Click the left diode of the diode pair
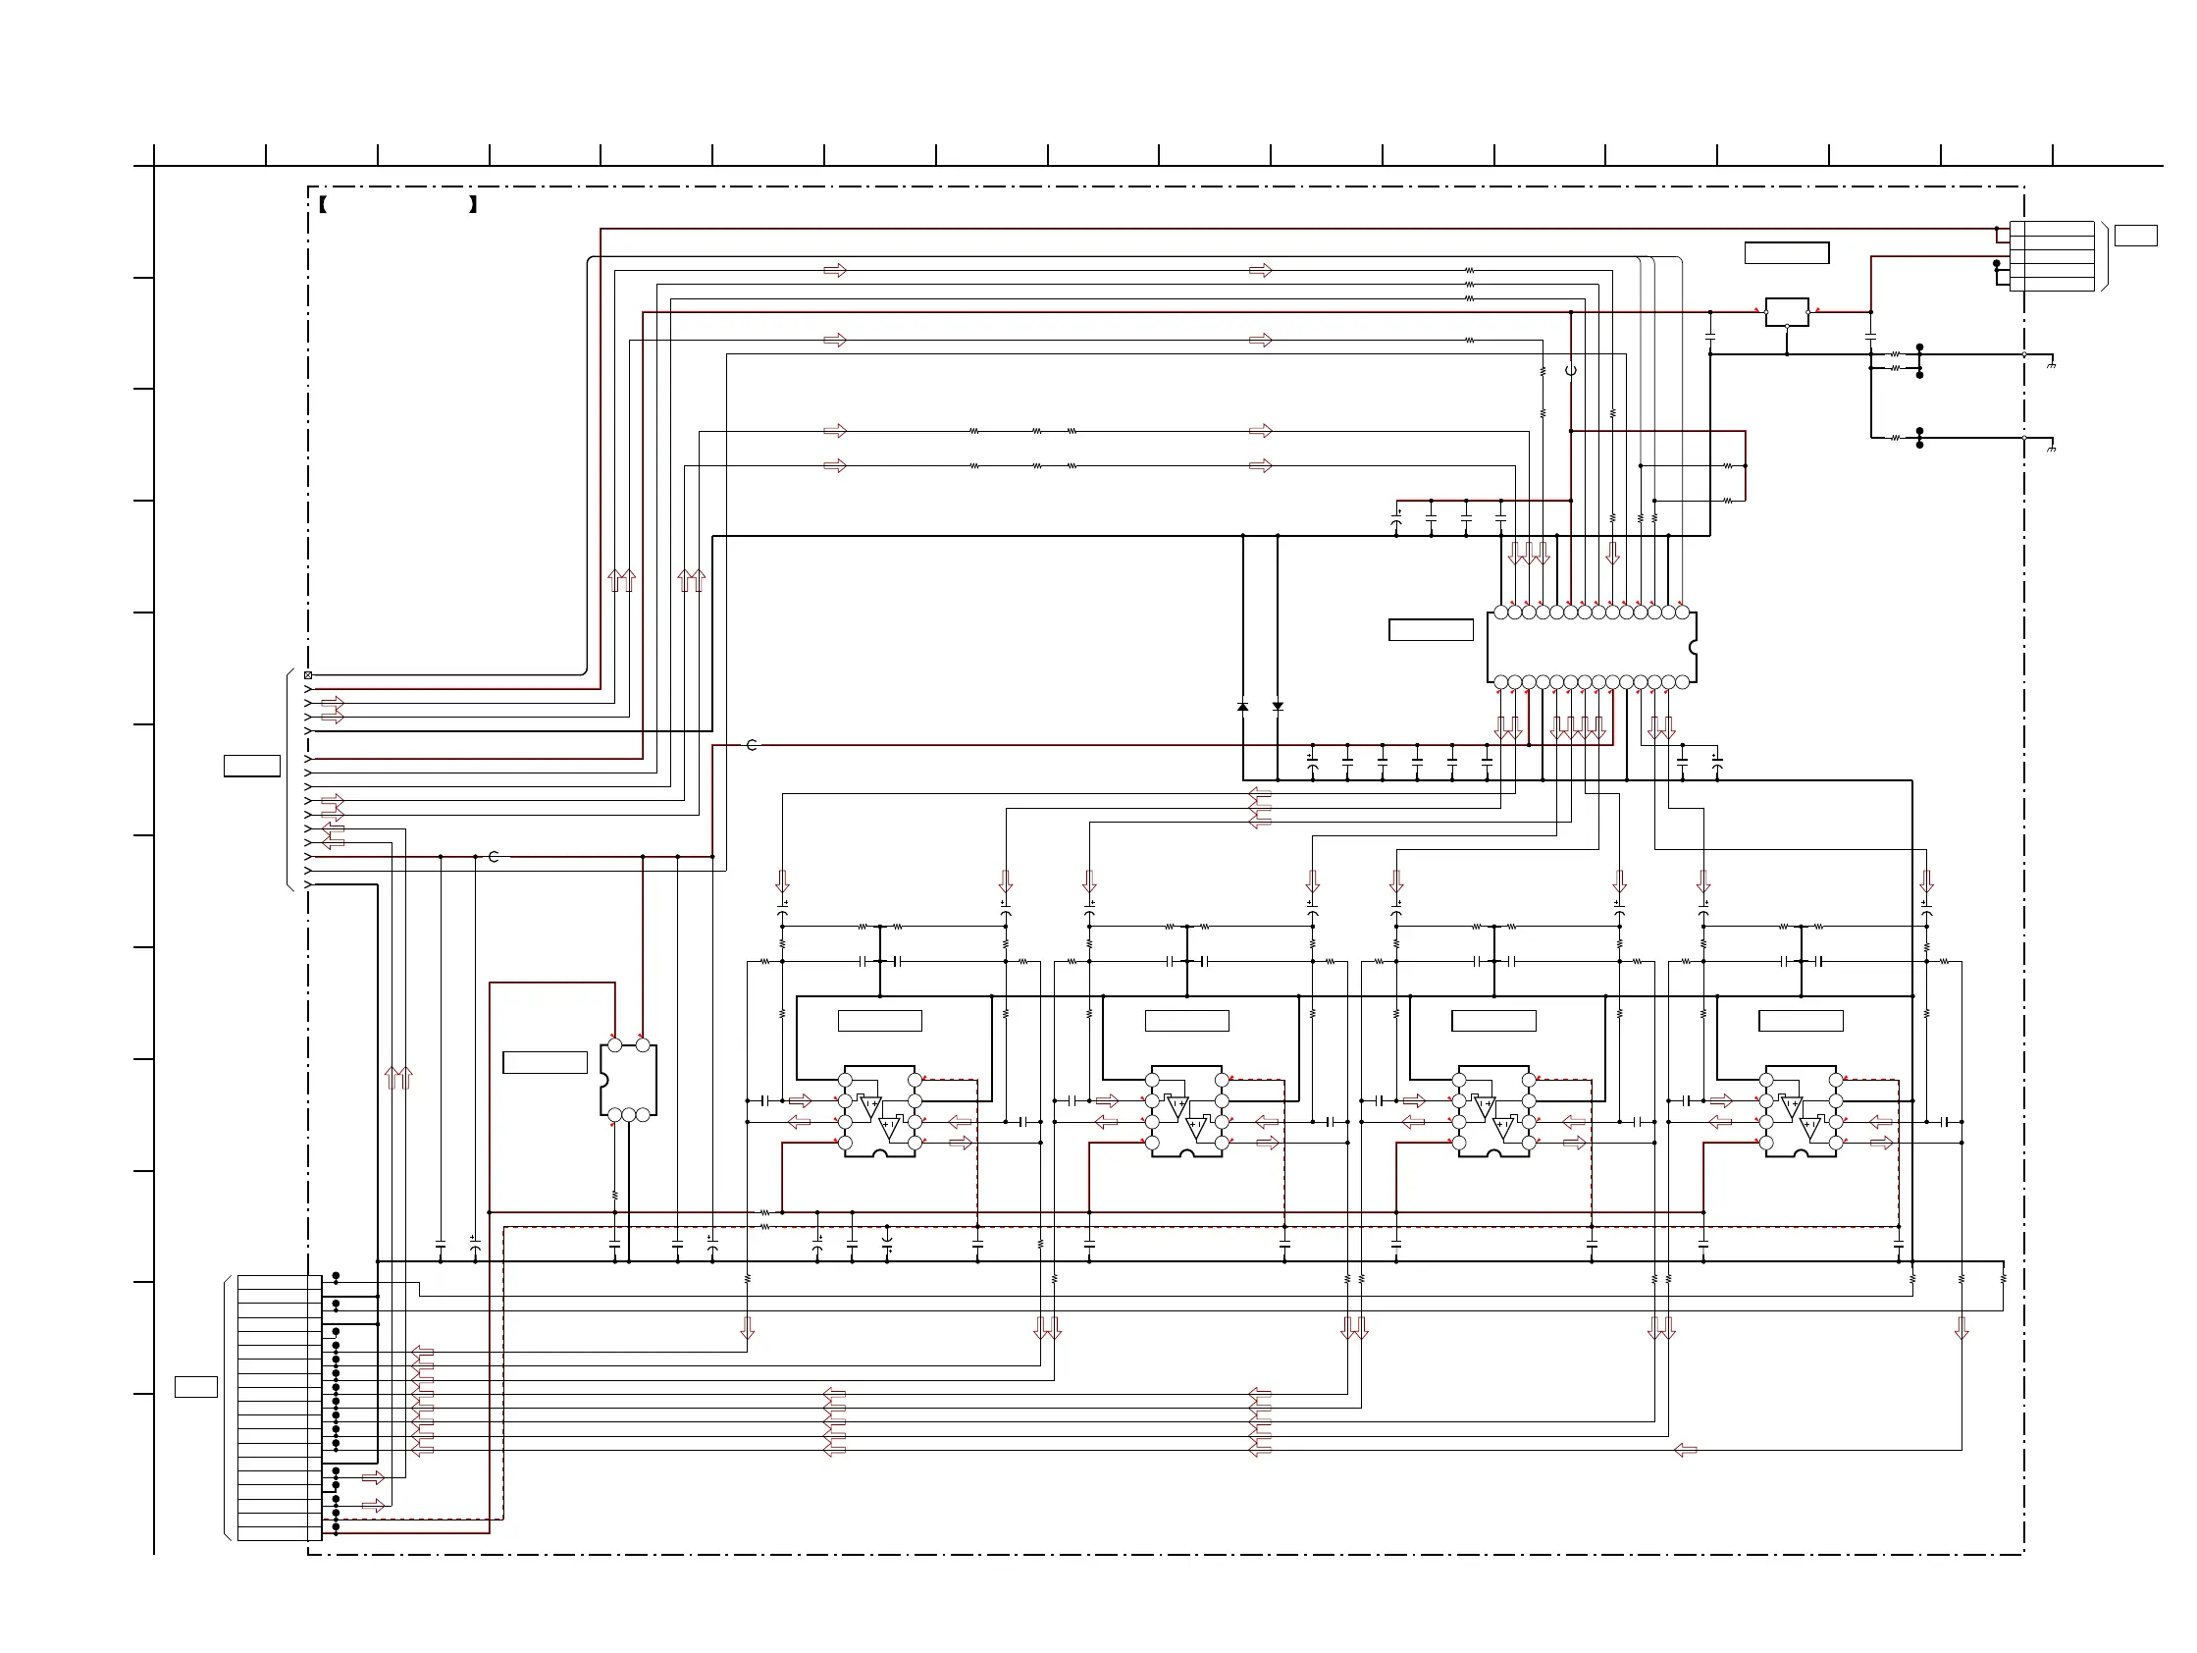(x=1242, y=707)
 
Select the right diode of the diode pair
(x=1278, y=707)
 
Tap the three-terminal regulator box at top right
(x=1787, y=311)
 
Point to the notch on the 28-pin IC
(x=1693, y=648)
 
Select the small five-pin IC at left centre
(x=628, y=1080)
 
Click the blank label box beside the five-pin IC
(x=545, y=1062)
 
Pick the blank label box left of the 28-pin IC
(x=1431, y=630)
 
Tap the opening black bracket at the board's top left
(x=324, y=205)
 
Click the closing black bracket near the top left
(x=474, y=205)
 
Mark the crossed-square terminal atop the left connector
(x=308, y=675)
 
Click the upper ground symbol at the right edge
(x=2051, y=365)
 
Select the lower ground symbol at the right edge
(x=2051, y=449)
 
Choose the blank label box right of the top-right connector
(x=2135, y=236)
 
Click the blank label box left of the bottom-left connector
(x=195, y=1387)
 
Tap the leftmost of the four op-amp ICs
(x=880, y=1111)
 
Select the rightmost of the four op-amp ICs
(x=1800, y=1111)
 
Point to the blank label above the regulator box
(x=1787, y=253)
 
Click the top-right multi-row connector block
(x=2052, y=256)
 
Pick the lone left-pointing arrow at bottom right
(x=1686, y=1451)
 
